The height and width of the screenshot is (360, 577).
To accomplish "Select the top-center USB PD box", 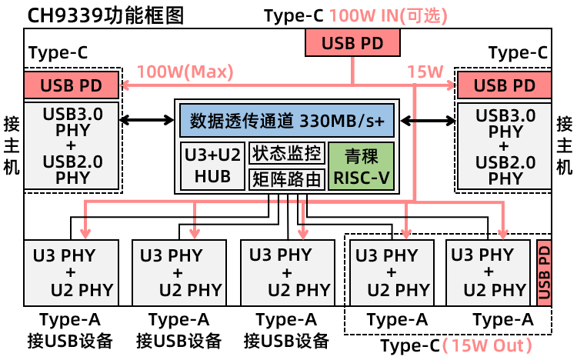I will [353, 43].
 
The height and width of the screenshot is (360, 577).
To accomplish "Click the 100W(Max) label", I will [185, 72].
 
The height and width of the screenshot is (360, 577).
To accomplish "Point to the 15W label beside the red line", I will [425, 72].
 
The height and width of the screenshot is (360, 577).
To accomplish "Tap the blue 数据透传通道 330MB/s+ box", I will [286, 121].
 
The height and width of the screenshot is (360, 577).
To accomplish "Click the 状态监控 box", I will [286, 153].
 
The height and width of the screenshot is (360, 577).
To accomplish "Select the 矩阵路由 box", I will [286, 180].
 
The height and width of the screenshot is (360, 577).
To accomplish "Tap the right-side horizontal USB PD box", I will [505, 85].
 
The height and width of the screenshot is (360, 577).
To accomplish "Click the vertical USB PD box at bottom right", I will [544, 272].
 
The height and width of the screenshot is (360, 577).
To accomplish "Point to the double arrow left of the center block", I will [148, 120].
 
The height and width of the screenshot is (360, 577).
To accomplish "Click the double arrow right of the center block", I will [427, 120].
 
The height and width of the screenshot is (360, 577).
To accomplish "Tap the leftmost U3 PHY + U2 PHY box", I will [72, 272].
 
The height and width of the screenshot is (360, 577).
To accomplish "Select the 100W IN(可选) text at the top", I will [389, 15].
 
